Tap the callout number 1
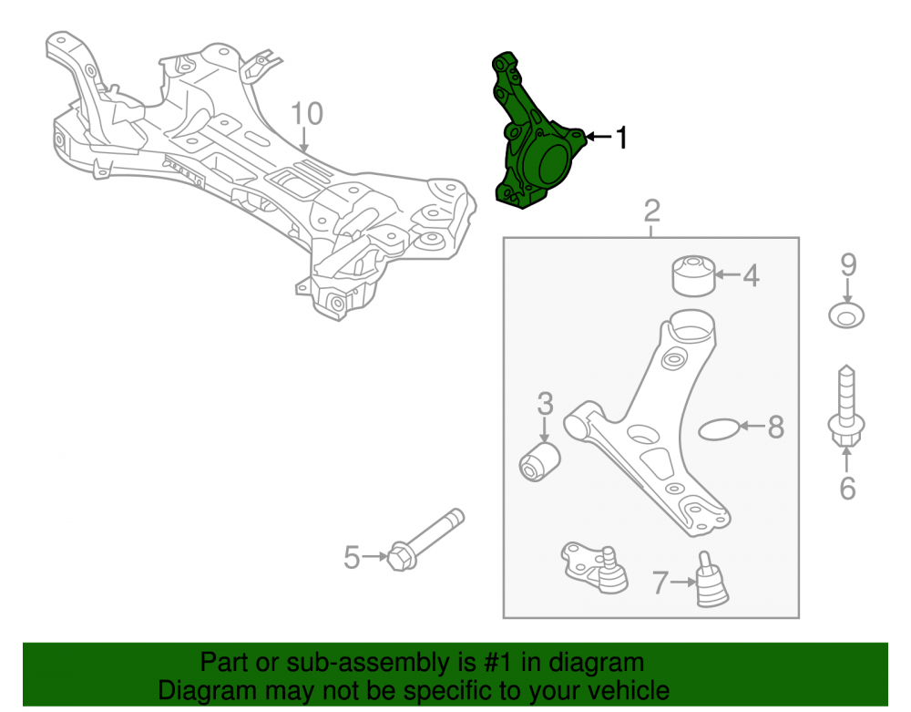621,138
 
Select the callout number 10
306,114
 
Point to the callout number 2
652,211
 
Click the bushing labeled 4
693,275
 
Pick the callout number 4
752,275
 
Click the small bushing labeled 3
539,462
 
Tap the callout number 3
545,403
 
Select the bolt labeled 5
426,540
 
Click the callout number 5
352,557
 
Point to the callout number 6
847,489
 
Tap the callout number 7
660,583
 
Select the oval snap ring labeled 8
719,429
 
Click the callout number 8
776,428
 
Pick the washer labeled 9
846,315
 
